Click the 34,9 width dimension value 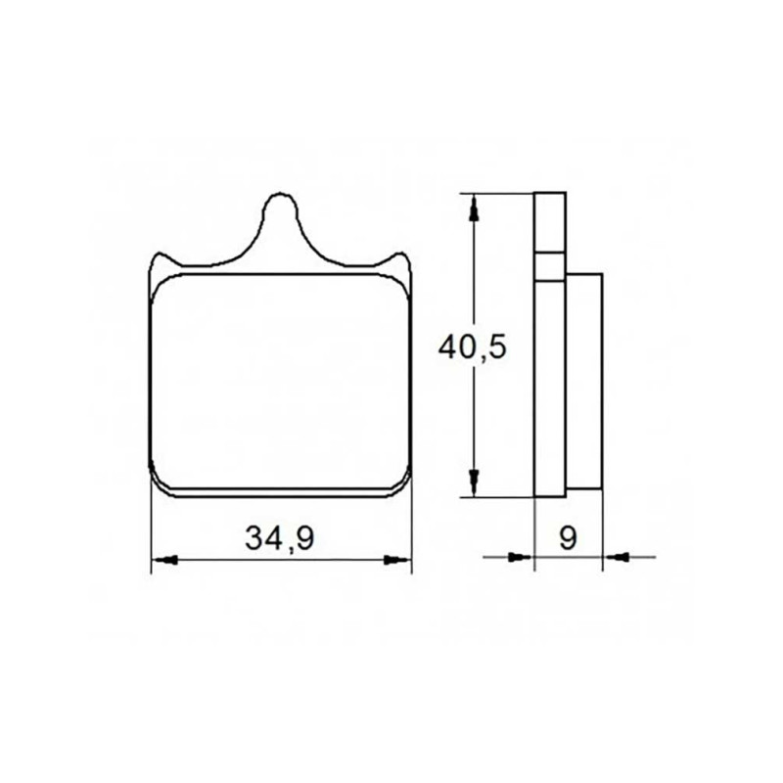point(279,537)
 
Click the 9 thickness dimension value point(569,537)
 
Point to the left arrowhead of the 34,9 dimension point(164,560)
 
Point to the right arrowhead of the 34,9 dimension point(398,559)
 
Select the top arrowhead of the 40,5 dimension point(475,207)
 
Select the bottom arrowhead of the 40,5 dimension point(475,483)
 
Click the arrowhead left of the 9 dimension point(521,556)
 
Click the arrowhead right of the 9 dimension point(616,556)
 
